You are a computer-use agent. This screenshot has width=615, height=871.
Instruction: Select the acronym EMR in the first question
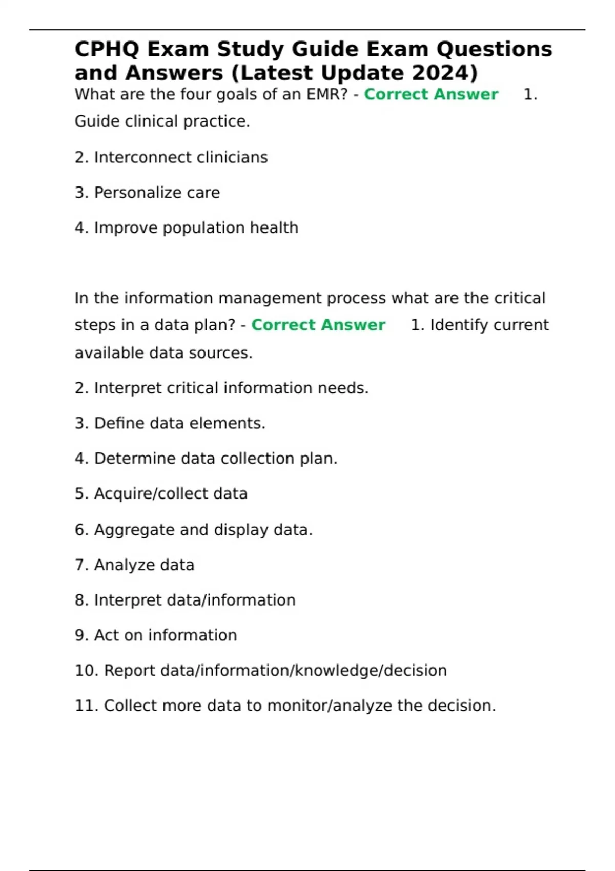click(x=326, y=95)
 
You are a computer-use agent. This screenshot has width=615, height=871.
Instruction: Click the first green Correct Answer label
click(x=431, y=95)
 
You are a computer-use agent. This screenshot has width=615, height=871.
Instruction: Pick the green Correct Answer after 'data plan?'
click(x=318, y=325)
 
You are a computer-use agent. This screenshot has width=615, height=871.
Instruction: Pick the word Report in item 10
click(x=130, y=671)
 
